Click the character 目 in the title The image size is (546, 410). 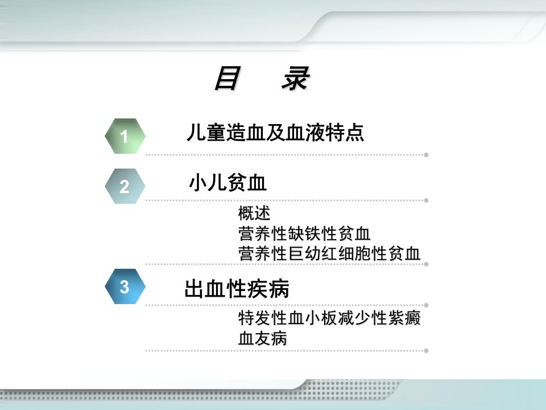[x=227, y=78]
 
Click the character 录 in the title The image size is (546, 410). [x=296, y=78]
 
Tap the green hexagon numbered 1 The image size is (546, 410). [x=125, y=136]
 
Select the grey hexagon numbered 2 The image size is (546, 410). [x=125, y=186]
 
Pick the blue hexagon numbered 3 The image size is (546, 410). [x=125, y=286]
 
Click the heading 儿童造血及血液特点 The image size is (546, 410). [x=275, y=133]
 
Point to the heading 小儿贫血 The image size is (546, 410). [x=227, y=182]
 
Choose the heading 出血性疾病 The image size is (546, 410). [x=237, y=289]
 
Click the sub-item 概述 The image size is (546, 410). [x=254, y=213]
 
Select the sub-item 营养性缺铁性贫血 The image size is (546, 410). [x=304, y=233]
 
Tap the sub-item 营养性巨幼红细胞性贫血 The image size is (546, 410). [x=329, y=253]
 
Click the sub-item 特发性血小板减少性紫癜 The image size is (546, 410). [x=329, y=318]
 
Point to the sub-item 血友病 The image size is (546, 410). [x=263, y=338]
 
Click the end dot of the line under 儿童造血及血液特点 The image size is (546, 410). [x=426, y=155]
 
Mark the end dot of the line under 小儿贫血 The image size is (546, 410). [x=426, y=200]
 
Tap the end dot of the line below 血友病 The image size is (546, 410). [x=426, y=351]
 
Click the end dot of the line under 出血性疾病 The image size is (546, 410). [x=426, y=305]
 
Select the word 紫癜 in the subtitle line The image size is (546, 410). [x=404, y=318]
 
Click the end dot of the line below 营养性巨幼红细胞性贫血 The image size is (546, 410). [x=426, y=264]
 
